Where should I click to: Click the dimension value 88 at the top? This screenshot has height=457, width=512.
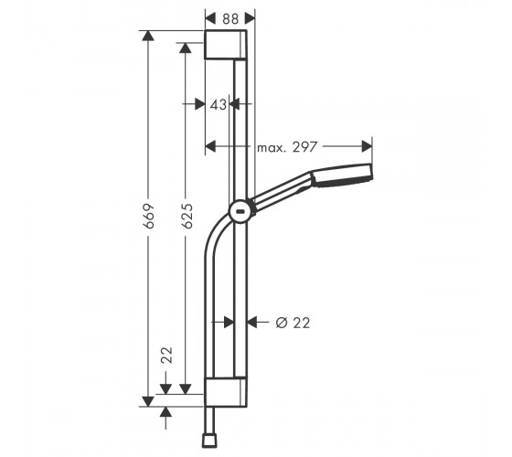(x=230, y=18)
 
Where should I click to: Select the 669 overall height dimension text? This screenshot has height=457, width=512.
(x=148, y=216)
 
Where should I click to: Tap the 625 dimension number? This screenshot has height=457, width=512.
(x=187, y=216)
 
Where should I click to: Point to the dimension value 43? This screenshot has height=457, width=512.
(x=219, y=105)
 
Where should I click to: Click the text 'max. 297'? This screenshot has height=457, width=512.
(x=287, y=147)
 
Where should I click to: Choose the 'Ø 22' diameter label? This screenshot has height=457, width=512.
(x=293, y=323)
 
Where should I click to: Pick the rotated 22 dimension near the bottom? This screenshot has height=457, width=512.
(x=166, y=356)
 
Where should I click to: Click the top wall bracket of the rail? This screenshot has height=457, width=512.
(x=226, y=45)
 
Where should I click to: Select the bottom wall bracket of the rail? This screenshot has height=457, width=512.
(x=226, y=392)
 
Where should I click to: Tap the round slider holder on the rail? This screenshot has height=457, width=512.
(x=240, y=211)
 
